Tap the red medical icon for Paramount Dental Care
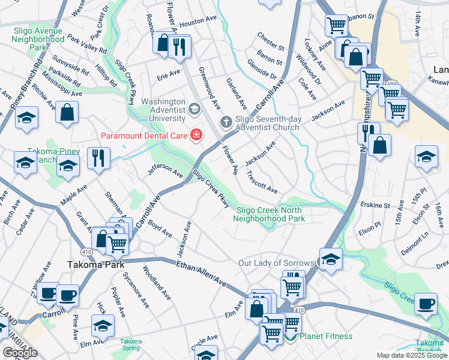pos(196,134)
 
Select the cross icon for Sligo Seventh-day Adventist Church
pos(226,122)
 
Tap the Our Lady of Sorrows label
pos(276,263)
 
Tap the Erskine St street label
pos(376,205)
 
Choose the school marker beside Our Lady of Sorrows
pos(330,259)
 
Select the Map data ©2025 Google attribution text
pos(412,355)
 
